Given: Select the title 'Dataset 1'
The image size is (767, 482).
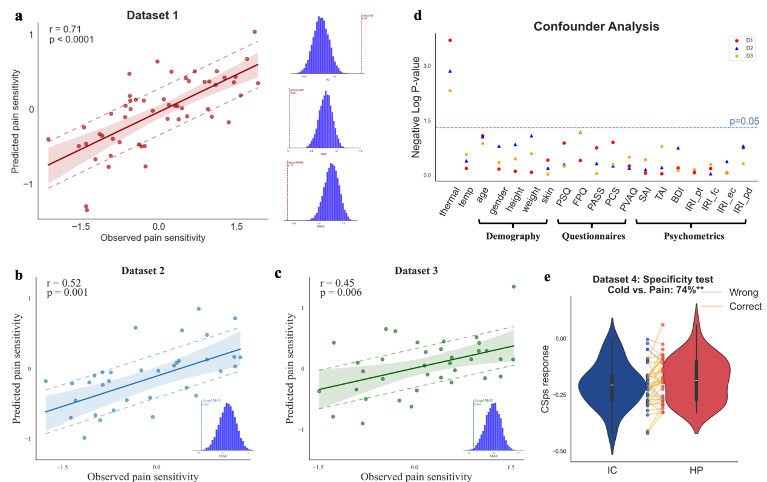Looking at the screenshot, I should [151, 13].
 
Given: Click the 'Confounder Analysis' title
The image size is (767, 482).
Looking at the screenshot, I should [595, 27].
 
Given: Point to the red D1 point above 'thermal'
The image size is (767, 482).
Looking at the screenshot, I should [450, 41].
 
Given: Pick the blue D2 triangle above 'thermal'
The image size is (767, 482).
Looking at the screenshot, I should [450, 71].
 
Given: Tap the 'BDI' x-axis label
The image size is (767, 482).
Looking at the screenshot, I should [676, 197].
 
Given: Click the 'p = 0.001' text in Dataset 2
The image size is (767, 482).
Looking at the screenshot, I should [67, 293].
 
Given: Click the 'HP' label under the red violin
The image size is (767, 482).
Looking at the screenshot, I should [696, 469].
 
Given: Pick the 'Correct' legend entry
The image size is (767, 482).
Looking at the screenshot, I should [745, 307].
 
